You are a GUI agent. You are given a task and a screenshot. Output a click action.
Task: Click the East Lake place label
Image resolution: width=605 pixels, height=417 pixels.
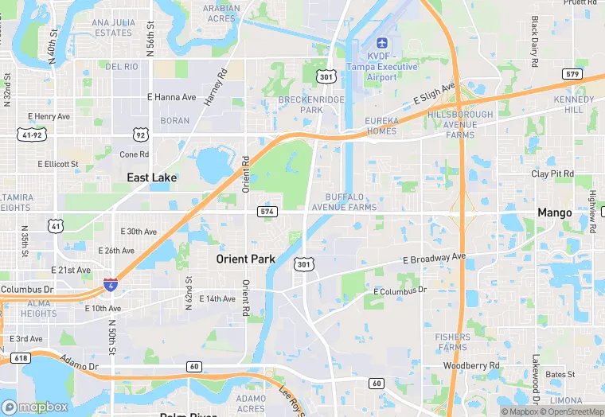[152, 177]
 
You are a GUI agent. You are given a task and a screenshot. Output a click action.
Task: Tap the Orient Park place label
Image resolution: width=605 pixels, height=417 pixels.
[246, 259]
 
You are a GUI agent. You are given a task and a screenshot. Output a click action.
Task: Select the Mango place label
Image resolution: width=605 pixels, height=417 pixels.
[554, 212]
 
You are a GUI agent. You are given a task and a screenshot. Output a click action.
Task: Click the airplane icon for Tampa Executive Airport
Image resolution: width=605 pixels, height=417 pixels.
[381, 42]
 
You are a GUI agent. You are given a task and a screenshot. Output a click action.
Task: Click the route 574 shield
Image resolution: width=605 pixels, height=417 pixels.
[267, 212]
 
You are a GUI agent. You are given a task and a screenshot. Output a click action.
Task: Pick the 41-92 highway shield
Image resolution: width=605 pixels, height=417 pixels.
[31, 136]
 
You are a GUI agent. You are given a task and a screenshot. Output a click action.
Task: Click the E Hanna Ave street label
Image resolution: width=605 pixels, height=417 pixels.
[171, 97]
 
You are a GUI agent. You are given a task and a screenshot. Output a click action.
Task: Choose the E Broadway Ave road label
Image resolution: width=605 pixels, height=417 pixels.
[434, 259]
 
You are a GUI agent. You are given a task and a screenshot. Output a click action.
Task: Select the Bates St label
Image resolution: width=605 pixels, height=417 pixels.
[560, 373]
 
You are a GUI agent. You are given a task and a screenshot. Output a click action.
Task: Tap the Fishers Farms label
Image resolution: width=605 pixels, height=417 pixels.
[452, 342]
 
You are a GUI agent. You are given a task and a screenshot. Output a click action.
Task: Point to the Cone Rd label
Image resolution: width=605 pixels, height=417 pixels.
[134, 154]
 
